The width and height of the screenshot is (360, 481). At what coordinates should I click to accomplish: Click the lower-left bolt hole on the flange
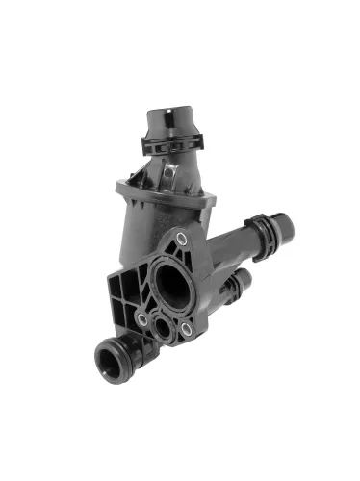point(142,316)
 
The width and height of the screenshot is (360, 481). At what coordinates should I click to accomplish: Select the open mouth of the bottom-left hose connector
point(106,362)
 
